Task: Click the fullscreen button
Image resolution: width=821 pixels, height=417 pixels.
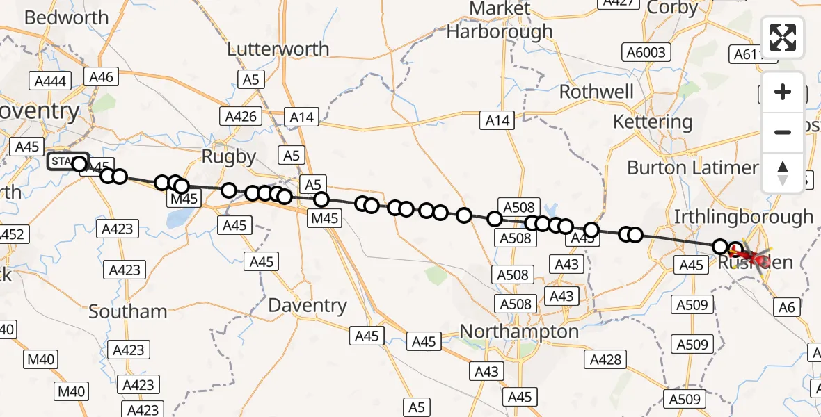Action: pyautogui.click(x=783, y=38)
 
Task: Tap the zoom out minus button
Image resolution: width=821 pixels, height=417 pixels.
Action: pyautogui.click(x=783, y=132)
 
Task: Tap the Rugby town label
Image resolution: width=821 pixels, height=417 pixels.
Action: pyautogui.click(x=229, y=157)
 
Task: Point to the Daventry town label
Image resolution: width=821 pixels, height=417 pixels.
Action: pyautogui.click(x=307, y=305)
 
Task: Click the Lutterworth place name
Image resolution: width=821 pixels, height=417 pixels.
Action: pyautogui.click(x=278, y=49)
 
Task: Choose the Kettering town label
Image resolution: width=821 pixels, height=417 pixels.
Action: pyautogui.click(x=652, y=122)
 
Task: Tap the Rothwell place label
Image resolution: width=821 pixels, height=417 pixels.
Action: pyautogui.click(x=596, y=92)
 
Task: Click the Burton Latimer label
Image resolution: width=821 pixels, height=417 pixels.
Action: pyautogui.click(x=692, y=167)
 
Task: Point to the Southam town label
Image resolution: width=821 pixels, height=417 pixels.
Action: pyautogui.click(x=128, y=311)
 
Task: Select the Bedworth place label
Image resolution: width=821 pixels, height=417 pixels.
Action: pyautogui.click(x=66, y=17)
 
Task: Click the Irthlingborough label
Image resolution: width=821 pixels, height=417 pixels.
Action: pyautogui.click(x=743, y=217)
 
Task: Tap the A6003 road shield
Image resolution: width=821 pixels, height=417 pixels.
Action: pyautogui.click(x=645, y=52)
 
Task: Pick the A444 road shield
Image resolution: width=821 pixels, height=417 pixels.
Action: pyautogui.click(x=50, y=81)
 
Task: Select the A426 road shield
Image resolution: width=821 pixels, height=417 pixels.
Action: pyautogui.click(x=241, y=116)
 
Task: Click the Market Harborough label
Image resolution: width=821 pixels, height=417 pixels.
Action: pyautogui.click(x=500, y=21)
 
